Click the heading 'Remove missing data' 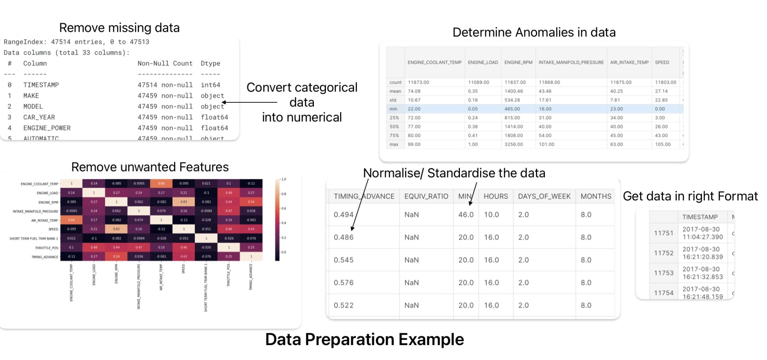tap(119, 28)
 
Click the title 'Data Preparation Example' tap(364, 339)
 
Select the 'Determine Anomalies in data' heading tap(534, 32)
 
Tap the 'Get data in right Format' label tap(690, 196)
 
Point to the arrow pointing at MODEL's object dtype tap(249, 102)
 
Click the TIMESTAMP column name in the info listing tap(41, 85)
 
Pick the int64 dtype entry tap(210, 85)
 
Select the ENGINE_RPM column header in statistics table tap(518, 63)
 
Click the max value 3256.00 tap(513, 144)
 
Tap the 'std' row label tap(393, 100)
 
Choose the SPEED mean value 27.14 tap(661, 91)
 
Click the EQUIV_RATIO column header tap(426, 196)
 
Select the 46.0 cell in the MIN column tap(466, 215)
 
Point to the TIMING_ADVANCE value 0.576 tap(343, 282)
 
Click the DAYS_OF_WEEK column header tap(544, 196)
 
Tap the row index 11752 tap(663, 253)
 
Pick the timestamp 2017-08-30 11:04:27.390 tap(702, 233)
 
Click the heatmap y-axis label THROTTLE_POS tap(46, 248)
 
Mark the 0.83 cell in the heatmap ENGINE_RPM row tap(184, 202)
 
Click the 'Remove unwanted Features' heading tap(150, 167)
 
